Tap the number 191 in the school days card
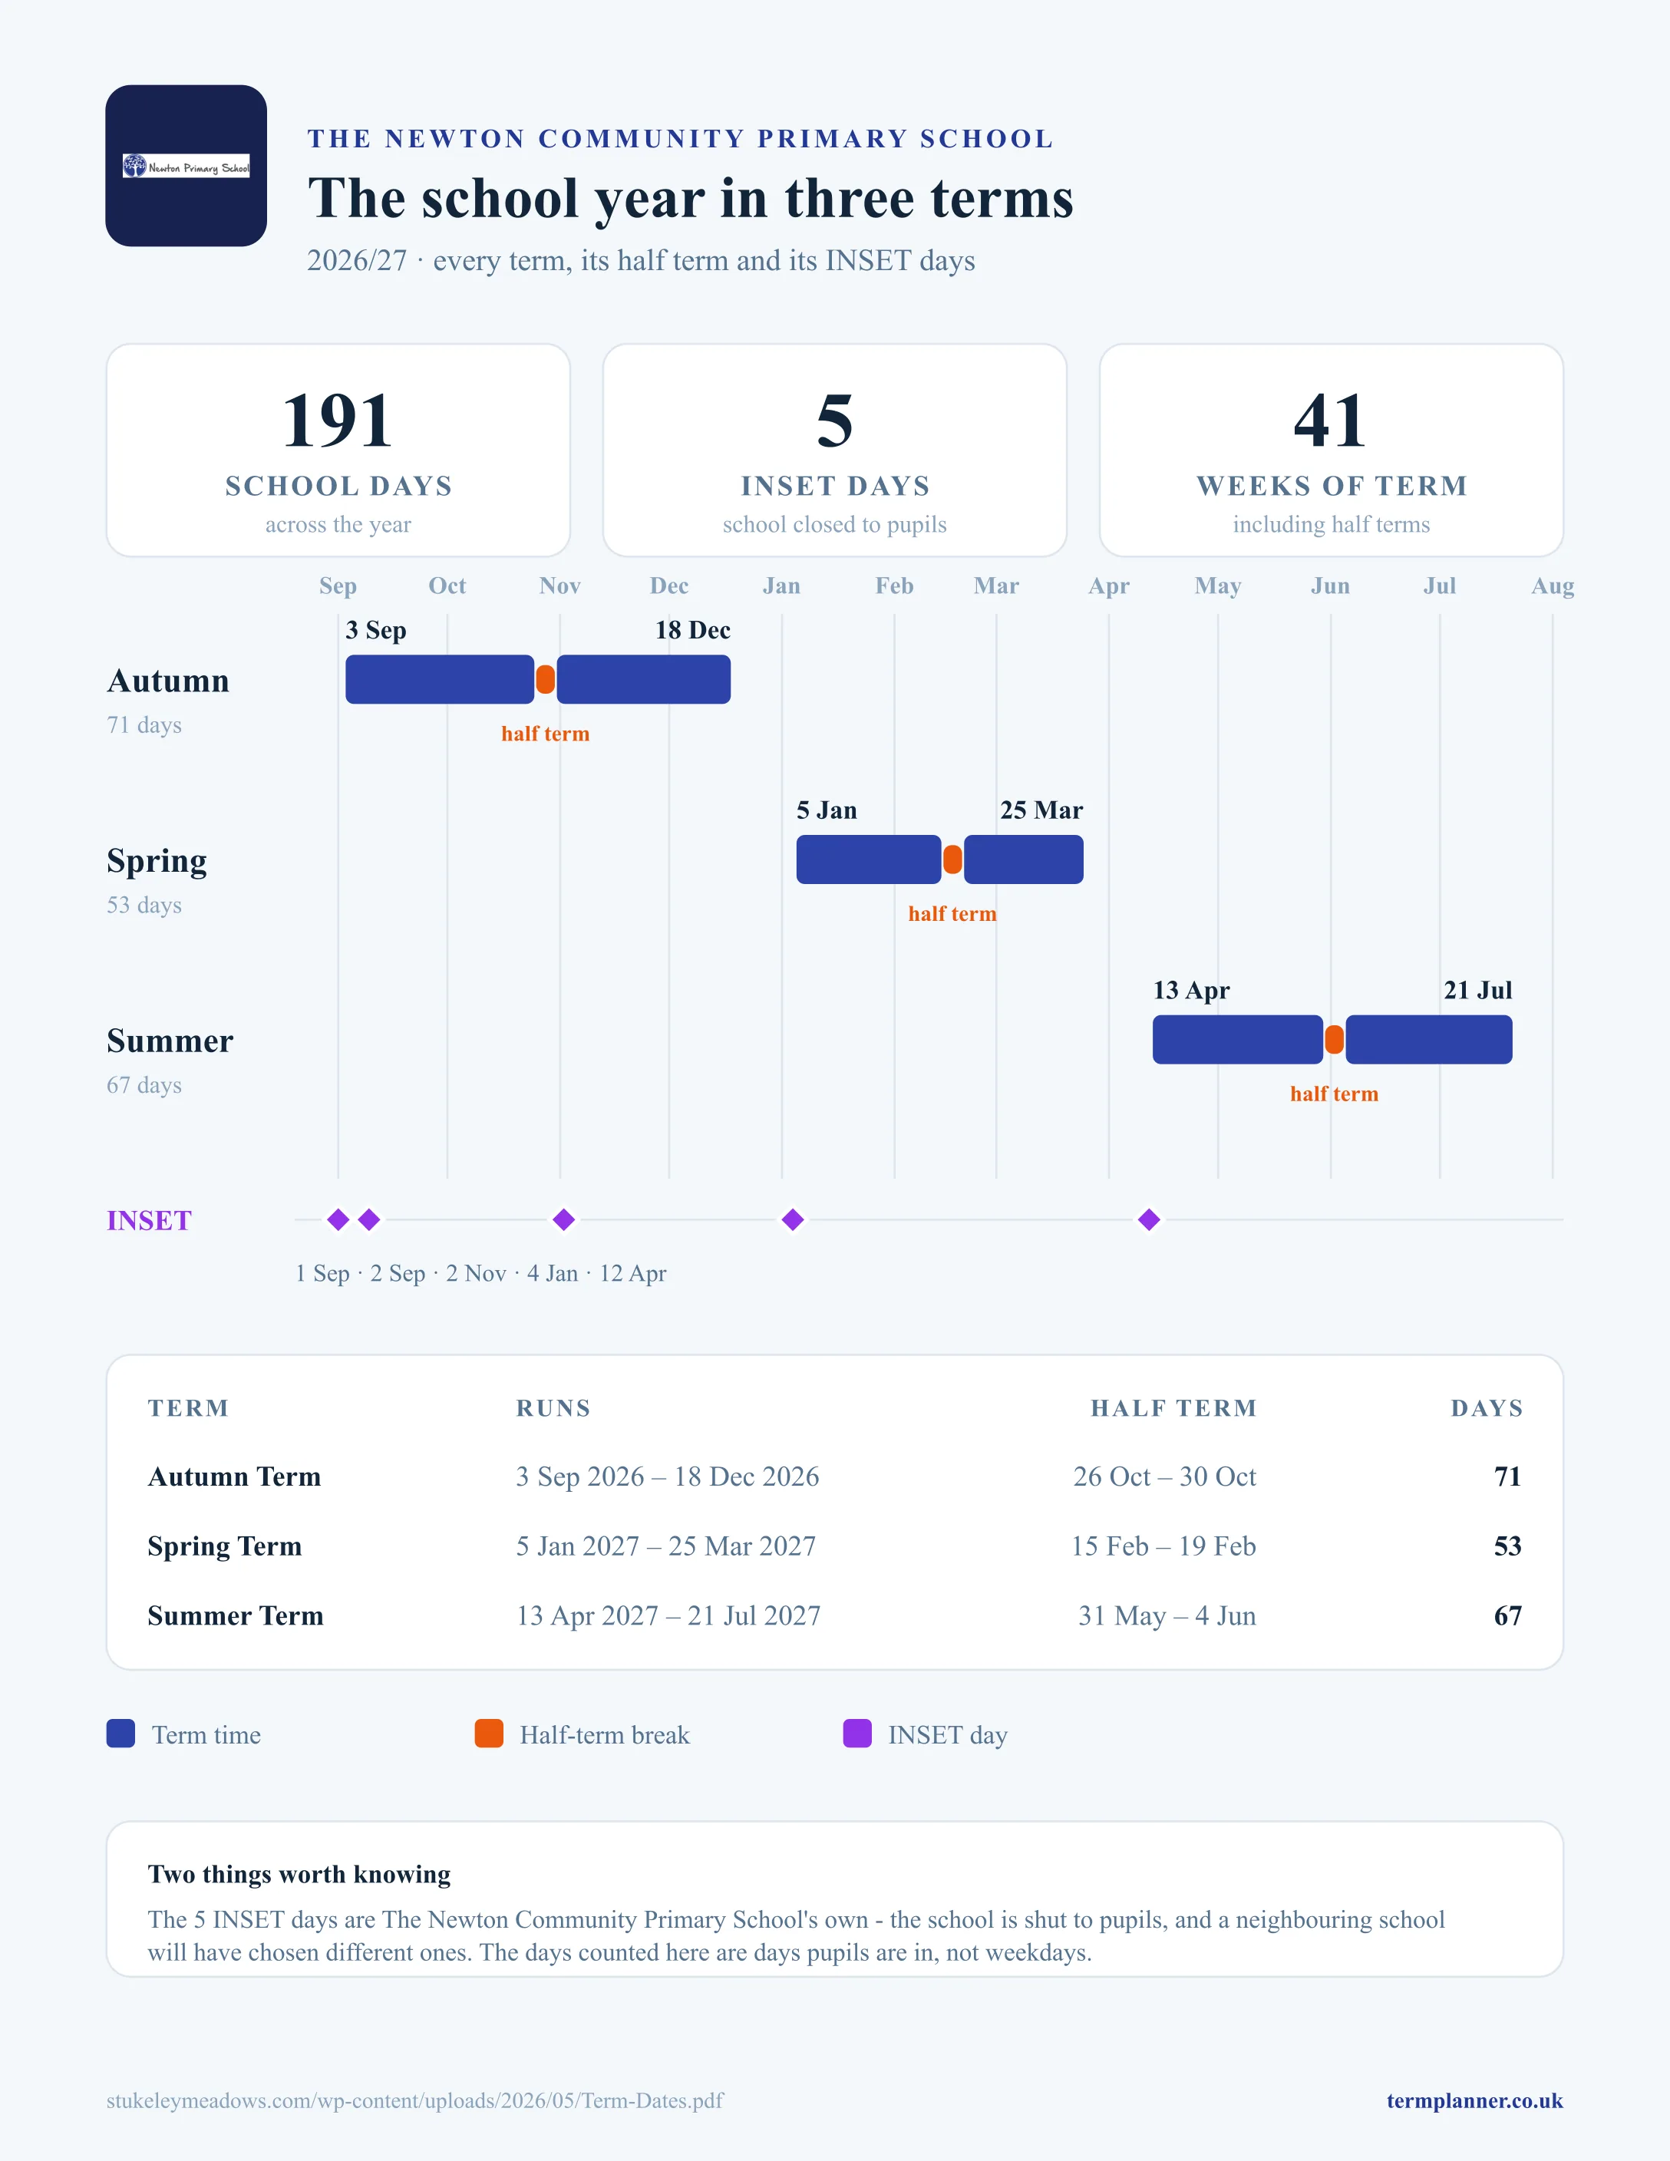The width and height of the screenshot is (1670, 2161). tap(338, 421)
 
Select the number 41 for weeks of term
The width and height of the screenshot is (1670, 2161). tap(1331, 421)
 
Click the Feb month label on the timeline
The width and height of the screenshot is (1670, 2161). tap(894, 586)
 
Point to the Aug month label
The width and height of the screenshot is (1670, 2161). tap(1553, 586)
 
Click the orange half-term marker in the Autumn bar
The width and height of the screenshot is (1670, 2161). tap(545, 680)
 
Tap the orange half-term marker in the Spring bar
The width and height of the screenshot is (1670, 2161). tap(952, 859)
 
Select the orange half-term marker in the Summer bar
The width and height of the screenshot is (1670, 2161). tap(1335, 1040)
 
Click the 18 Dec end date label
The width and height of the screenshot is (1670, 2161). tap(692, 630)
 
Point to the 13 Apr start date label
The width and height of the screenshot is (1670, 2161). tap(1191, 991)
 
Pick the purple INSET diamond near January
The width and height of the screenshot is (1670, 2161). tap(793, 1220)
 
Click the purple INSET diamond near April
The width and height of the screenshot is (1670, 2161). tap(1149, 1220)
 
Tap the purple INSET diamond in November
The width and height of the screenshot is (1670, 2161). tap(564, 1220)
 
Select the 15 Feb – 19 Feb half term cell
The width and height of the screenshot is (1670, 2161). tap(1163, 1546)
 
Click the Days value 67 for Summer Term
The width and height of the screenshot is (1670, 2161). tap(1508, 1616)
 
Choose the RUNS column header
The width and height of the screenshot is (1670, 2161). tap(553, 1408)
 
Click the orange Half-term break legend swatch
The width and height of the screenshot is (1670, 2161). tap(489, 1734)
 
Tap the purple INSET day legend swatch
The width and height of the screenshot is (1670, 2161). tap(856, 1734)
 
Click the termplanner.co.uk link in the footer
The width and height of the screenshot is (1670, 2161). tap(1474, 2100)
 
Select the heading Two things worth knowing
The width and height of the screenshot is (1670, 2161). tap(299, 1874)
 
